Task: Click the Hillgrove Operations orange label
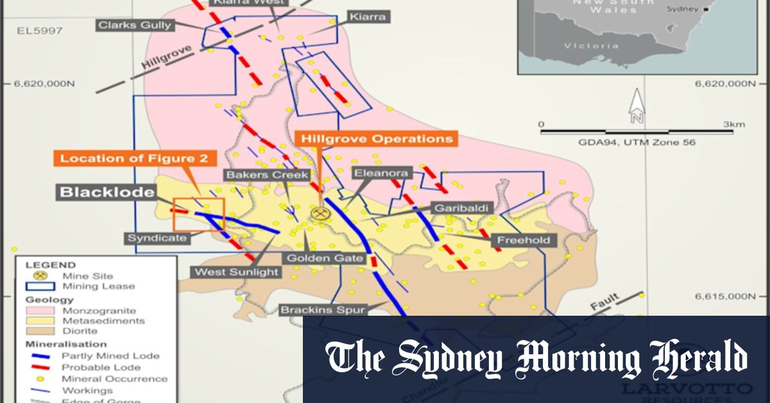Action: [x=377, y=139]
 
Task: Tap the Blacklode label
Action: [x=108, y=192]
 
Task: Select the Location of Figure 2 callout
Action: [x=134, y=159]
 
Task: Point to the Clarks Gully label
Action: [x=135, y=25]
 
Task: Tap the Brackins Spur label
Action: [x=322, y=310]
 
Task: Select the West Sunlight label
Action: [x=237, y=271]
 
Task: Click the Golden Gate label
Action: [x=325, y=259]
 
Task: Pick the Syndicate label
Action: [x=157, y=238]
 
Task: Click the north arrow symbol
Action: [x=637, y=106]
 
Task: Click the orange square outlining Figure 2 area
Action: [x=199, y=214]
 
